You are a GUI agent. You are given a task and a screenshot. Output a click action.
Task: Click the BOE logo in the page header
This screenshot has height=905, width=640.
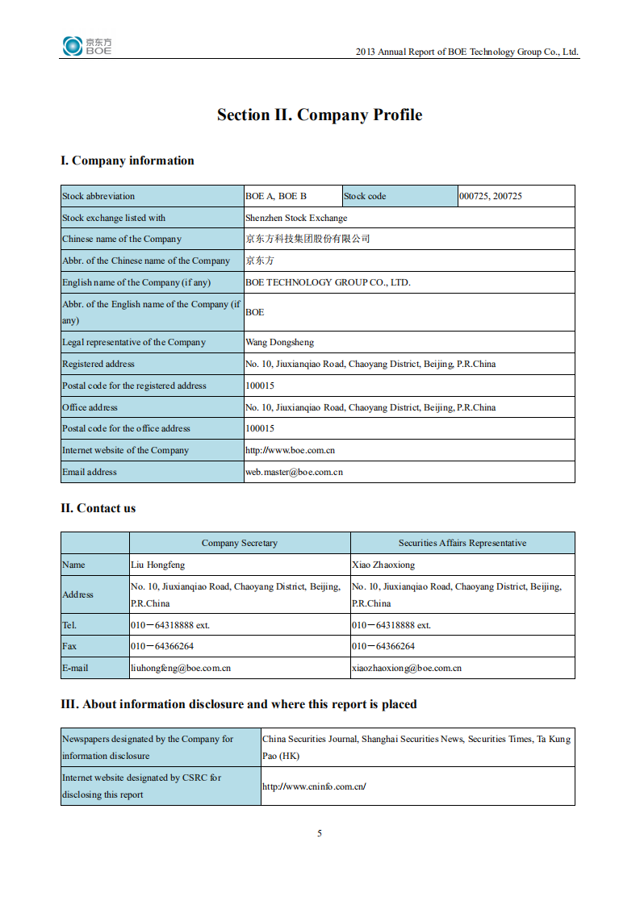point(87,46)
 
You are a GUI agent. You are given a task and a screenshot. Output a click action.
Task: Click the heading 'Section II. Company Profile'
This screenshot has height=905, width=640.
point(319,115)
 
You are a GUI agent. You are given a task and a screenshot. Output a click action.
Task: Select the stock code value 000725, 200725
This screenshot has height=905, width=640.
point(490,196)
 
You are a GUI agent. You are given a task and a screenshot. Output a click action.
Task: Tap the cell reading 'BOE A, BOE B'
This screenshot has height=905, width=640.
point(276,196)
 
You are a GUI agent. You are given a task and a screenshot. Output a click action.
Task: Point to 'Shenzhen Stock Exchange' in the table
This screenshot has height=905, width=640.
point(296,218)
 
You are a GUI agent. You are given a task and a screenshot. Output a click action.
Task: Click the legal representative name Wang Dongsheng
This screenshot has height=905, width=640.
point(279,342)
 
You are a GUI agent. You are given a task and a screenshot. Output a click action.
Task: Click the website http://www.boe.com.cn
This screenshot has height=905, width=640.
point(290,450)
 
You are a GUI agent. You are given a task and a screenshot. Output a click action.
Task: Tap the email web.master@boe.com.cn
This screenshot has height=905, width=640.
point(294,472)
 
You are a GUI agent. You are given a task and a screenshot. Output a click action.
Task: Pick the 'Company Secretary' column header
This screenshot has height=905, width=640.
point(239,543)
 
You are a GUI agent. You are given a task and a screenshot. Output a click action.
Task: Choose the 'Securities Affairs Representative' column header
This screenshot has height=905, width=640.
point(462,543)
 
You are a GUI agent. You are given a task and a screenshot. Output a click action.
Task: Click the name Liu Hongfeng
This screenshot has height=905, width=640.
point(157,565)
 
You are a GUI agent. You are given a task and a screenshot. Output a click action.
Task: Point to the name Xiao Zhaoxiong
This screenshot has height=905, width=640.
point(383,565)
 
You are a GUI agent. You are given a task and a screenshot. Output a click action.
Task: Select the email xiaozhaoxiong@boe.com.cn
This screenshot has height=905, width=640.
point(406,668)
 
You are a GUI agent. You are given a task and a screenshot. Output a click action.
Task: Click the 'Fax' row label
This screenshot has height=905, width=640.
point(69,646)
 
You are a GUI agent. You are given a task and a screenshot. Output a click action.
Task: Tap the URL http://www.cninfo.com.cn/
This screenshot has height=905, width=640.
point(314,786)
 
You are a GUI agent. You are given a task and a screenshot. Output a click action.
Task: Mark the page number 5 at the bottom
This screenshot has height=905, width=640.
point(320,833)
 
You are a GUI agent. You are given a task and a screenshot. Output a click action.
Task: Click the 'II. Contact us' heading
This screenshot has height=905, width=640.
point(98,508)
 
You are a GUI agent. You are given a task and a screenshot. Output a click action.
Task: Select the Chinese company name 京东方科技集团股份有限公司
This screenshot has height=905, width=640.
point(307,240)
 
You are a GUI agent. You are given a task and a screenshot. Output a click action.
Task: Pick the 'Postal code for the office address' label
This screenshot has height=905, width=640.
point(126,428)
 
